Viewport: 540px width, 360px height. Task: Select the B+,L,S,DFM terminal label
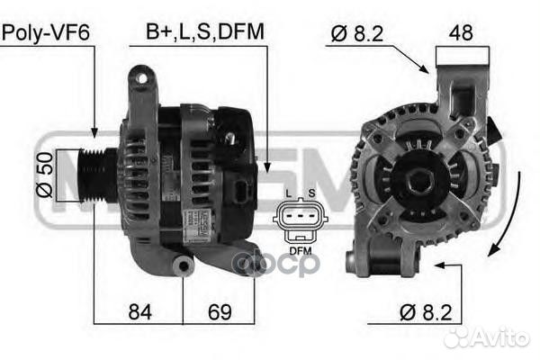205,32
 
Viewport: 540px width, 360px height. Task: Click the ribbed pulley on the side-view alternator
96,175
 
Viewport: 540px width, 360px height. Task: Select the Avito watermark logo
486,337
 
